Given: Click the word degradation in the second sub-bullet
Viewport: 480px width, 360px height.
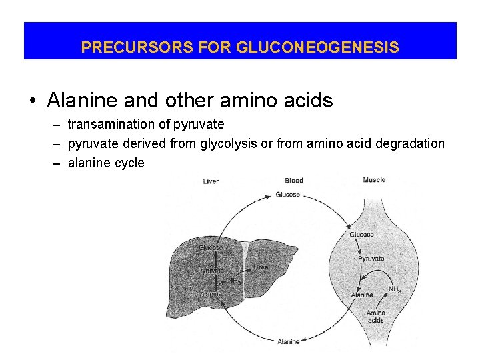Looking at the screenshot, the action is [411, 143].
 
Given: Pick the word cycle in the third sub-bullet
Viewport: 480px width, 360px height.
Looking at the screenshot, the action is [130, 163].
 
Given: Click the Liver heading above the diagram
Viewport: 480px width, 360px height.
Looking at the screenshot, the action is [211, 181].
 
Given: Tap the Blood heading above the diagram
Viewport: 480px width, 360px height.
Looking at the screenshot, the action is [294, 180].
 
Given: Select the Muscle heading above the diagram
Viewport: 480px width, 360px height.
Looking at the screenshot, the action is [374, 180].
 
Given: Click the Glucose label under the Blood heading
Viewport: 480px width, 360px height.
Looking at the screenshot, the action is [288, 195].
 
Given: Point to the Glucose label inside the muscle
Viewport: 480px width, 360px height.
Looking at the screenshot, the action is [361, 235].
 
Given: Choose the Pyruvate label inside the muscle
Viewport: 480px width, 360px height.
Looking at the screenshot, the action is [371, 258].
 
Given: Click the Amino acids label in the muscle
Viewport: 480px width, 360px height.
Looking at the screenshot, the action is [375, 316].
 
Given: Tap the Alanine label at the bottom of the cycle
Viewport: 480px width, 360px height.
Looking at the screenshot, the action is [289, 342].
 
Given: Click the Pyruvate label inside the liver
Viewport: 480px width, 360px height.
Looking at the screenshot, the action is [211, 271].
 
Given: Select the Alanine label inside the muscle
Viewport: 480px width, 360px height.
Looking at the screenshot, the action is [362, 295].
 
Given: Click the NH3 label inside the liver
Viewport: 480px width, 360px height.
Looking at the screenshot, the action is [233, 281].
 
